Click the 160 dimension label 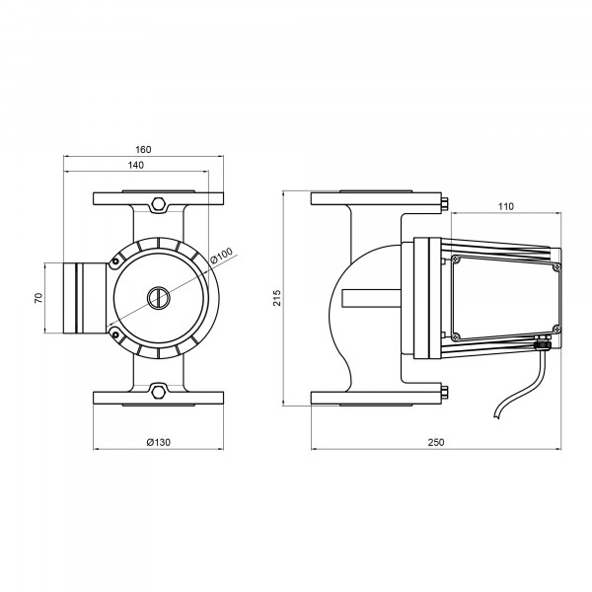pos(143,150)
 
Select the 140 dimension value pos(136,166)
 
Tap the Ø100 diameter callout pos(222,256)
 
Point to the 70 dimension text pos(38,298)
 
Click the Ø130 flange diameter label pos(159,442)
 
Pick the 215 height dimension pos(277,298)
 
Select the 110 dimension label pos(506,206)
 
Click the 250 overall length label pos(436,442)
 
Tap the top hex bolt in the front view pos(158,204)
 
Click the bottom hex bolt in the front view pos(158,391)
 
